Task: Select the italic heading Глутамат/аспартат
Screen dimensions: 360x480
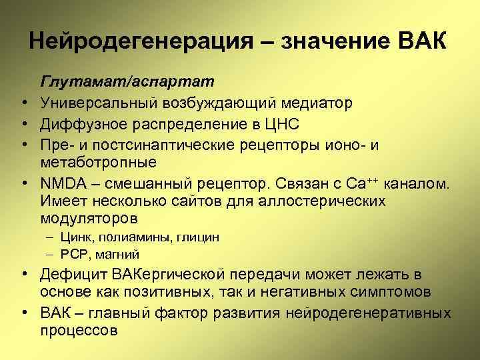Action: click(127, 81)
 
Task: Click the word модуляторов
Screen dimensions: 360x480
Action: click(89, 219)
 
